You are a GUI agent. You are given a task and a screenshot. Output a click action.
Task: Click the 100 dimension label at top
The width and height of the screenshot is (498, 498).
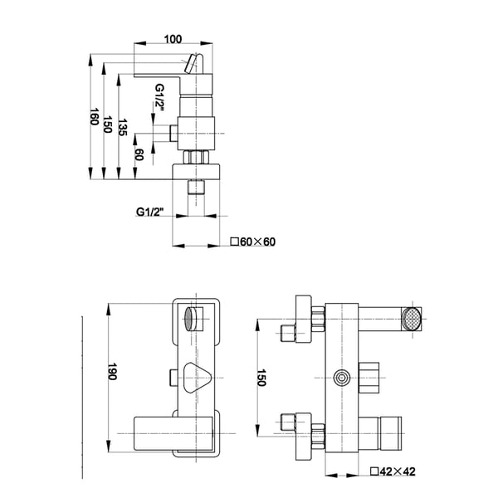coord(173,39)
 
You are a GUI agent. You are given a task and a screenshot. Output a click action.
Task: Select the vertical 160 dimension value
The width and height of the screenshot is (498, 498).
coord(94,116)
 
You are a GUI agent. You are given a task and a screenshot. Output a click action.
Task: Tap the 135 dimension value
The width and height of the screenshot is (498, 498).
coord(123,127)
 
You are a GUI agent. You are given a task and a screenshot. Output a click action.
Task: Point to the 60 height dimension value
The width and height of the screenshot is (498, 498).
coord(139,154)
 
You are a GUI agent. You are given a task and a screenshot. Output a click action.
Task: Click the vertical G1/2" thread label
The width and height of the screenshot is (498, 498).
coord(159,97)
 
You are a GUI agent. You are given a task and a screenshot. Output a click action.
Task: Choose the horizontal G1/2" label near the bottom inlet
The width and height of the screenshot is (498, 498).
coord(150,212)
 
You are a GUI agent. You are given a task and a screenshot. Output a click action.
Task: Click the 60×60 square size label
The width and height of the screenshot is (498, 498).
coord(253,242)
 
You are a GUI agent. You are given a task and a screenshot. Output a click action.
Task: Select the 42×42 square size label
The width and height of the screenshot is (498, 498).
coord(393,471)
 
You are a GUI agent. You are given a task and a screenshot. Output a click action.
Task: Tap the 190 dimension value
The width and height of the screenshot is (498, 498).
coord(112,371)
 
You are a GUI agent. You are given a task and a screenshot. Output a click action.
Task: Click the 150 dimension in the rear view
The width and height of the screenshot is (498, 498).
coord(261,378)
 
